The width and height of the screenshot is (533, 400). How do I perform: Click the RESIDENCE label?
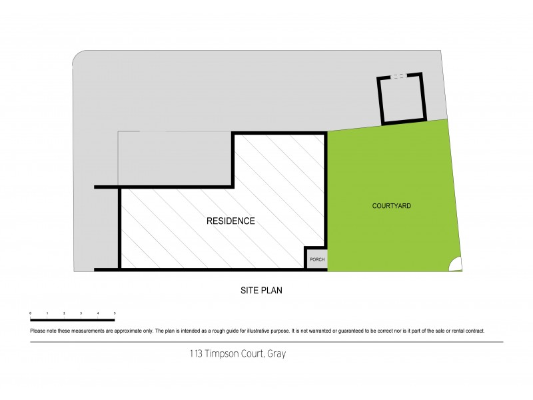click(x=231, y=221)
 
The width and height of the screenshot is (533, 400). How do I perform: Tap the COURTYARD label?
click(x=391, y=207)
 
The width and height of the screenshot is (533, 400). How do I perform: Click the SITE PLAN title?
click(x=263, y=291)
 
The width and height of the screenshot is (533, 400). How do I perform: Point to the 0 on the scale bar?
click(x=31, y=313)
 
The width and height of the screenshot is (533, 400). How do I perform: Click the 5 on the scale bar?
click(x=115, y=313)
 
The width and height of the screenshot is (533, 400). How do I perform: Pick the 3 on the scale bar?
click(x=81, y=313)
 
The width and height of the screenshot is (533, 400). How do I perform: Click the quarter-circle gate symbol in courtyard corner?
click(x=456, y=265)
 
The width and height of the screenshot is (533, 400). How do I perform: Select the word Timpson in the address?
click(x=221, y=354)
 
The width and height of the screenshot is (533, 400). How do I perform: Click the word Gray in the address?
click(x=276, y=354)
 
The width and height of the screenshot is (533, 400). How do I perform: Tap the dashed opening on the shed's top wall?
click(x=398, y=77)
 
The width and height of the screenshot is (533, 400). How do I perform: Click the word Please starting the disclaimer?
click(x=38, y=331)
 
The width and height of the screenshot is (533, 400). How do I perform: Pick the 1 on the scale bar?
click(x=47, y=313)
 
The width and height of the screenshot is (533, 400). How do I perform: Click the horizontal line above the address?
click(x=266, y=342)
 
